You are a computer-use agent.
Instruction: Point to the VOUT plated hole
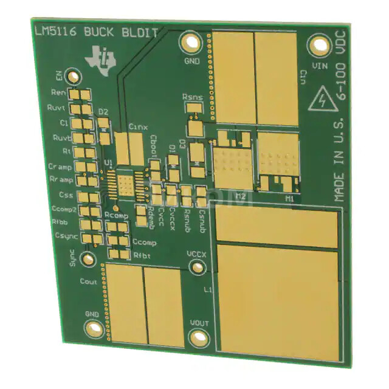point(199,338)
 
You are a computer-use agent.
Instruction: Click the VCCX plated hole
point(196,267)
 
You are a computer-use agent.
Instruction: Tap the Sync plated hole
point(88,260)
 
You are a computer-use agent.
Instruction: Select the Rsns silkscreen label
point(193,97)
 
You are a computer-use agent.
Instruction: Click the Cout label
point(88,281)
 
